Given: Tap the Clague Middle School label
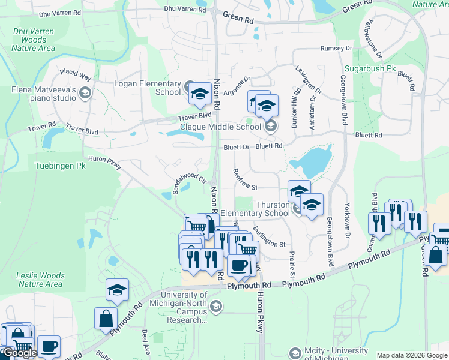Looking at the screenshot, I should (221, 127).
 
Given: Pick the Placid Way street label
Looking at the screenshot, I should (76, 75).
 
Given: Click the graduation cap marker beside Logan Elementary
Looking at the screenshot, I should (199, 94).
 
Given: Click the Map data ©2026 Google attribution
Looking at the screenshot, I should (411, 355).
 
